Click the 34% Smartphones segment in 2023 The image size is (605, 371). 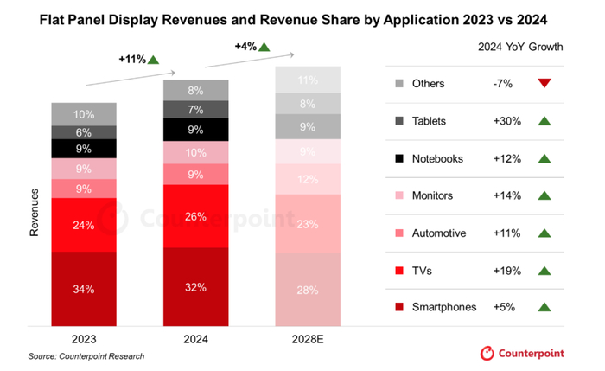click(x=84, y=289)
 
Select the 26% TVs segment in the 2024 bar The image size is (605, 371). click(x=196, y=216)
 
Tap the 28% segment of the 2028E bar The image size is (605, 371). click(x=308, y=290)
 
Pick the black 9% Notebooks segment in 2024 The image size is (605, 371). click(x=196, y=131)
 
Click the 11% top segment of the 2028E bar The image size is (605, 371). click(x=308, y=80)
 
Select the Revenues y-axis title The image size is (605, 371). click(x=35, y=212)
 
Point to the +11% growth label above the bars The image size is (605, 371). click(x=132, y=59)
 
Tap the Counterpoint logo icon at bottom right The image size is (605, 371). click(x=486, y=353)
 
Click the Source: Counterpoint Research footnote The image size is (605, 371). click(x=86, y=355)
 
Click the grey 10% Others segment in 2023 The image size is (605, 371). click(x=84, y=114)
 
